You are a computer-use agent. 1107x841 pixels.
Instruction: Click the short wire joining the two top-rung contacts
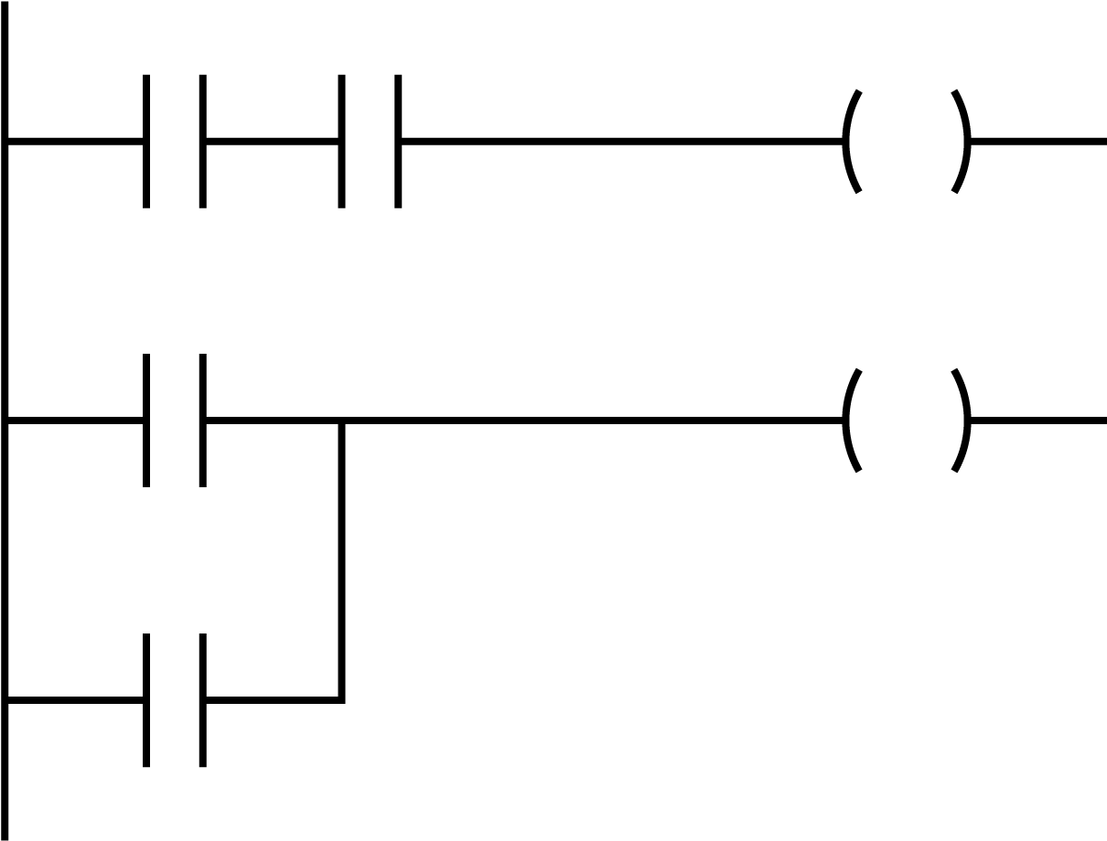click(272, 141)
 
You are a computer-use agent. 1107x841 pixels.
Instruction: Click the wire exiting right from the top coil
click(1038, 141)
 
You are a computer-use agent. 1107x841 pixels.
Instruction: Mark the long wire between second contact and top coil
click(622, 141)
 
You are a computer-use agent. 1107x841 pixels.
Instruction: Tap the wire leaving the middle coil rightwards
click(1038, 420)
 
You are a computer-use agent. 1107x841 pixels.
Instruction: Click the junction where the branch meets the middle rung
click(342, 421)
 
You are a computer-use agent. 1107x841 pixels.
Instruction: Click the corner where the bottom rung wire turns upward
click(342, 700)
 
